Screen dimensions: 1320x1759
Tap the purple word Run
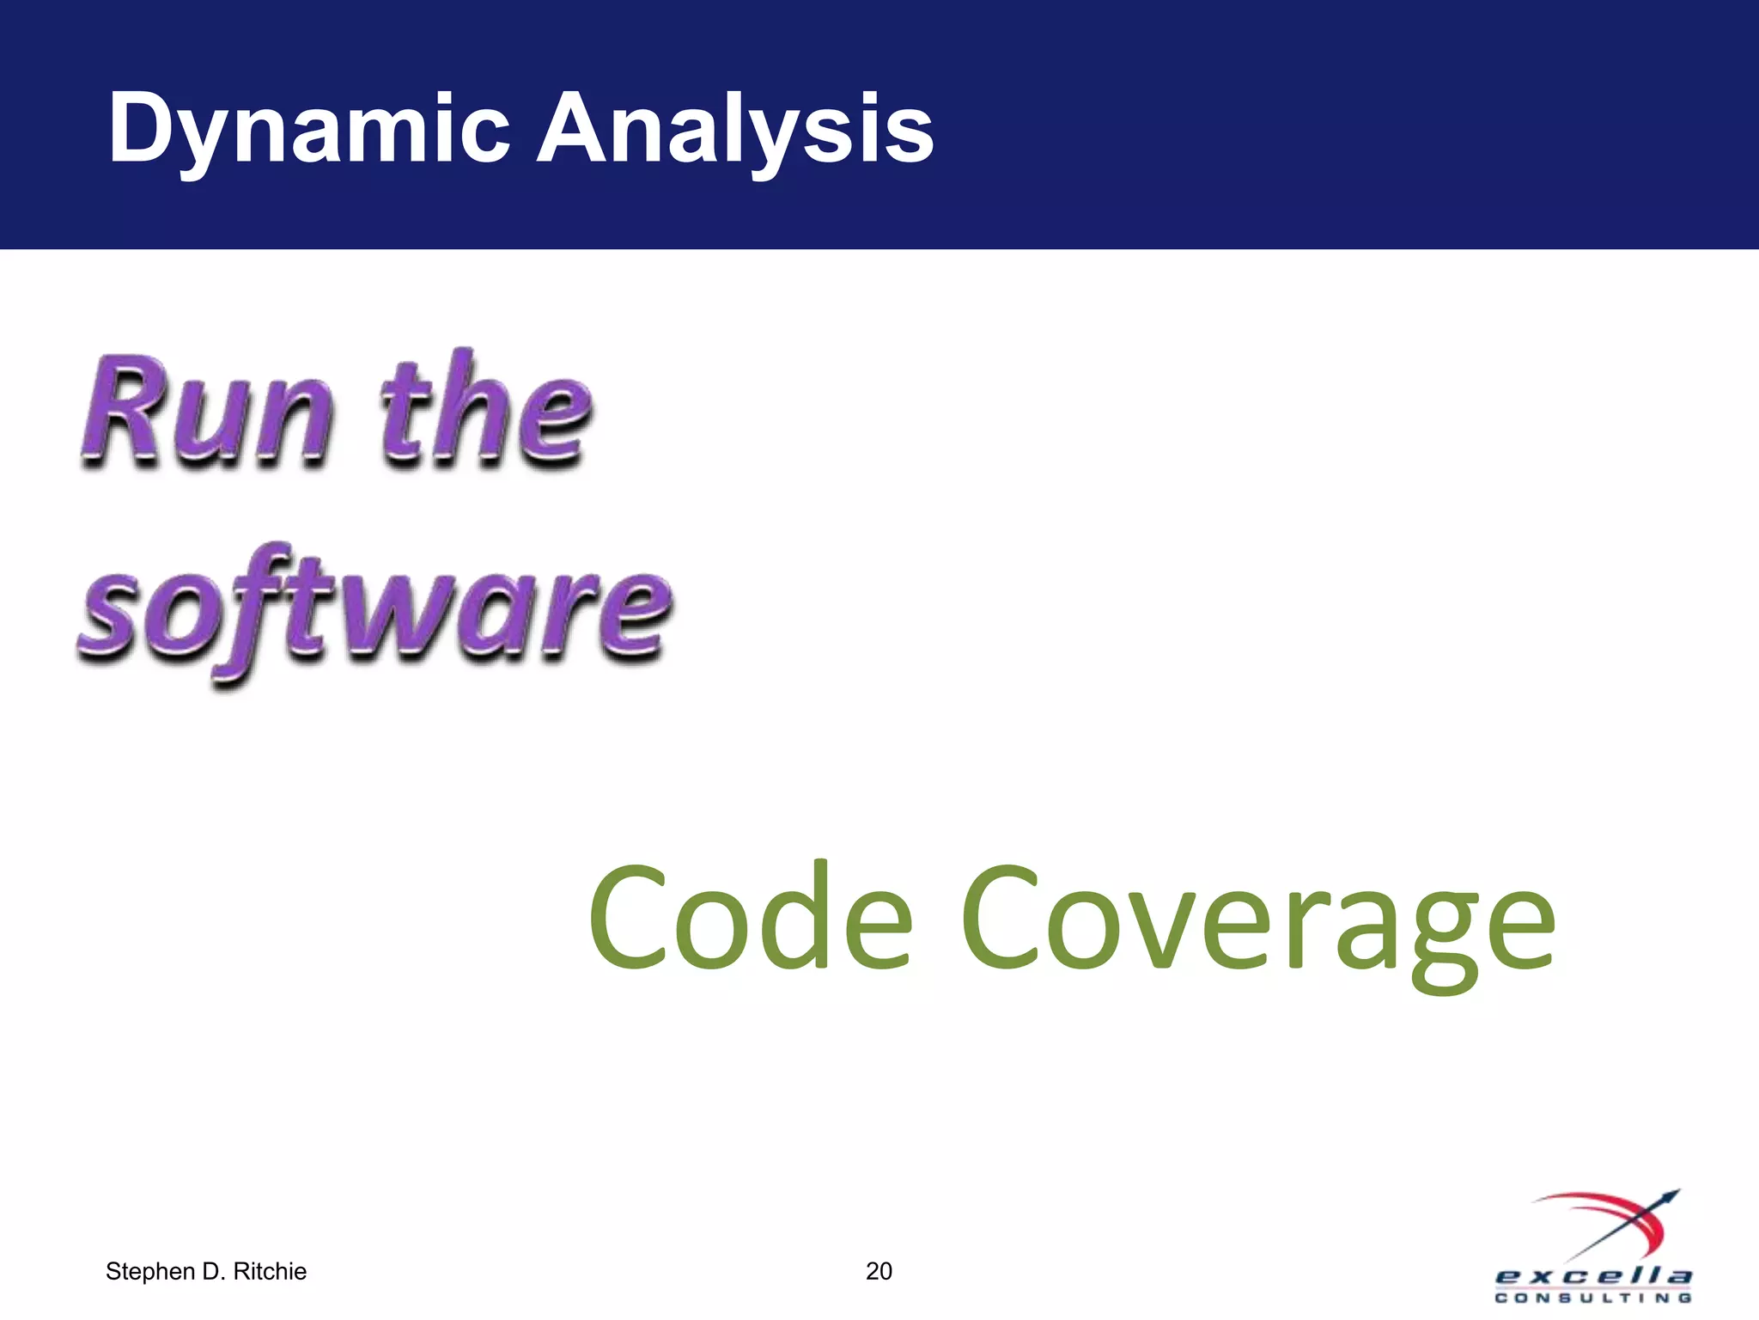pos(206,412)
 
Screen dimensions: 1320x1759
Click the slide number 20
pos(879,1271)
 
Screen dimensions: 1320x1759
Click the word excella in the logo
pos(1593,1275)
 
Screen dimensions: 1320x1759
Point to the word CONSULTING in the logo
pos(1593,1299)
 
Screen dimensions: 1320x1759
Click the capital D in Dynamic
pos(142,129)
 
